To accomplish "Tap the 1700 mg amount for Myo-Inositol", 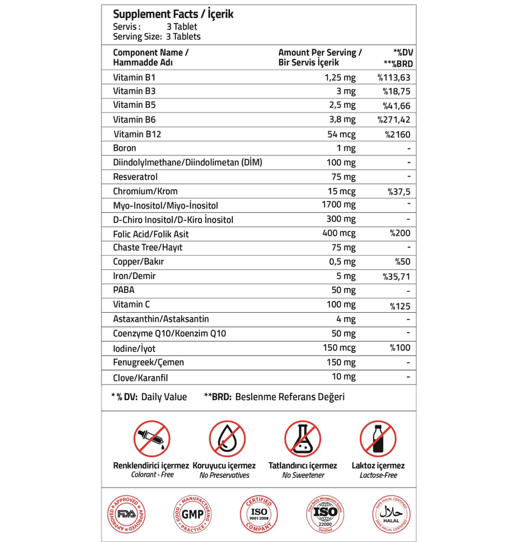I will coord(339,205).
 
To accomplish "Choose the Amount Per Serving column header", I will coord(320,57).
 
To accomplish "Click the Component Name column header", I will coord(150,57).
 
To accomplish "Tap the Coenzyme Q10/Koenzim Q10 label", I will coord(169,333).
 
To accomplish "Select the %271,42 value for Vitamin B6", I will coord(394,120).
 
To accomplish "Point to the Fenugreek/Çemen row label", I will coord(148,362).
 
